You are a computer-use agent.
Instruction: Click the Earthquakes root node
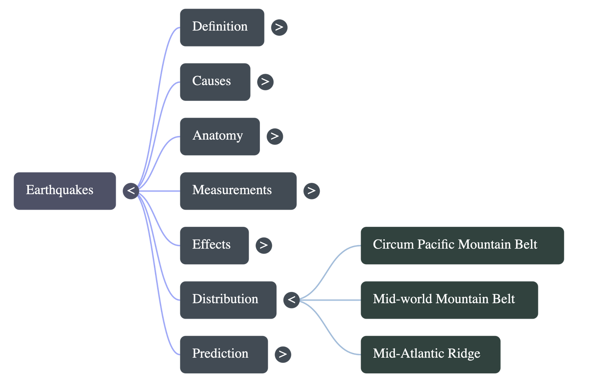[65, 191]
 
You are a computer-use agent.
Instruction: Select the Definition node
[222, 27]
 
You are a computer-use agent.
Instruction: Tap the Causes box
[215, 82]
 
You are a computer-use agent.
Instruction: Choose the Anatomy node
[219, 136]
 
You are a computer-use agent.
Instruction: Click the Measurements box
[238, 191]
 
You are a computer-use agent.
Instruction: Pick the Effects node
[214, 246]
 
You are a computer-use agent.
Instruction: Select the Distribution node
[228, 300]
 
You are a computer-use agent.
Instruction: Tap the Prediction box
[223, 354]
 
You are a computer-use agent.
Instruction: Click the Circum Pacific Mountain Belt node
[462, 246]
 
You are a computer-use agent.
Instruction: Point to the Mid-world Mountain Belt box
[449, 300]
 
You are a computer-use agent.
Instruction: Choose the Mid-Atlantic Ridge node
[430, 354]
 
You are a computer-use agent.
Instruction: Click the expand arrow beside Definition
[279, 27]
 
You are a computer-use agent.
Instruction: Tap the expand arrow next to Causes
[265, 82]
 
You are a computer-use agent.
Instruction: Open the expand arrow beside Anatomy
[275, 136]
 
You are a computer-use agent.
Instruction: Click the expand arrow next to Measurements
[311, 191]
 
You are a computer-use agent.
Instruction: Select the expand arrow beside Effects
[264, 246]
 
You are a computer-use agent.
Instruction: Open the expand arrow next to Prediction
[283, 354]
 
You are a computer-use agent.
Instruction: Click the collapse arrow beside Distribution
[291, 300]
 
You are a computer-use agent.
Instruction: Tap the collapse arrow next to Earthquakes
[131, 191]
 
